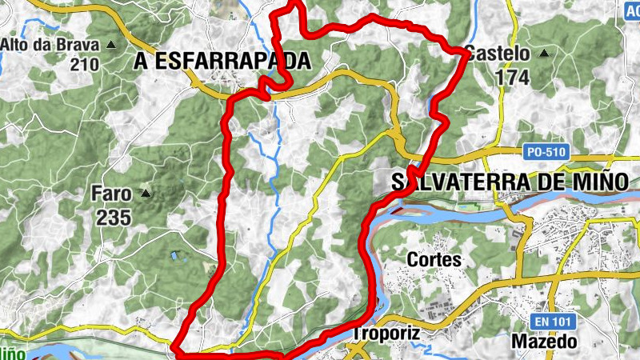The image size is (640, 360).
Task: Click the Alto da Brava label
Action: pyautogui.click(x=50, y=45)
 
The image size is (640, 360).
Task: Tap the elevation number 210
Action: pyautogui.click(x=84, y=65)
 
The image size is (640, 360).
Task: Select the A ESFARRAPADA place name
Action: pyautogui.click(x=222, y=60)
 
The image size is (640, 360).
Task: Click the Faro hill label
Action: pyautogui.click(x=111, y=193)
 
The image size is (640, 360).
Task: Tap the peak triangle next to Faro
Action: pyautogui.click(x=146, y=193)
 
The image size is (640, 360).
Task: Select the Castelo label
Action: pyautogui.click(x=497, y=54)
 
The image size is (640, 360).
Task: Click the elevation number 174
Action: pyautogui.click(x=513, y=78)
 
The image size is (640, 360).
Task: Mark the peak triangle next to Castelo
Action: pyautogui.click(x=544, y=54)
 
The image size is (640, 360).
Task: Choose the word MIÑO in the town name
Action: pyautogui.click(x=594, y=182)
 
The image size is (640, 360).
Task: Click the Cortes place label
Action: pyautogui.click(x=434, y=260)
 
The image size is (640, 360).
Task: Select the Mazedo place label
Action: pyautogui.click(x=544, y=342)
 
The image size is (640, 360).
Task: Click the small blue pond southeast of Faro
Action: pyautogui.click(x=174, y=257)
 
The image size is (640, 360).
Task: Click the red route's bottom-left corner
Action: pyautogui.click(x=176, y=350)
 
